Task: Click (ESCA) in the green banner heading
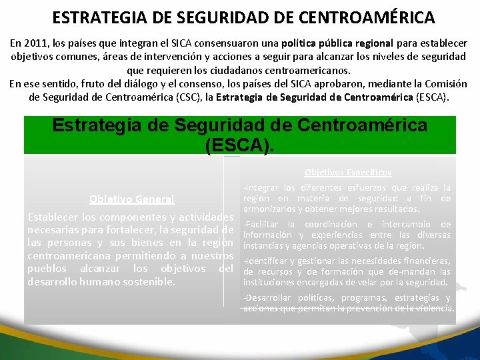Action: [241, 145]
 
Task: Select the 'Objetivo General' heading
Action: [132, 199]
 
